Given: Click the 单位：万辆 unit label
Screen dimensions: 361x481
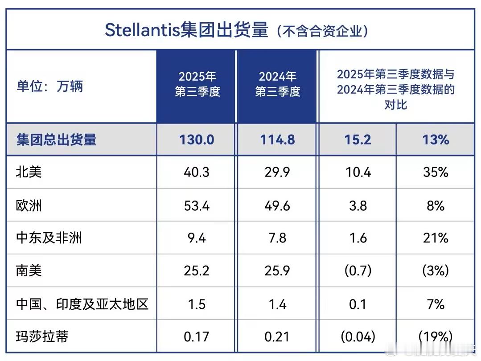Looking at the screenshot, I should pos(50,86).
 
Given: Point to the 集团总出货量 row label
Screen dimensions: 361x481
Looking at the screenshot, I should pos(57,139).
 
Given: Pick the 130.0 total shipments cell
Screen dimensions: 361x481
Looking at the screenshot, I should pos(197,139).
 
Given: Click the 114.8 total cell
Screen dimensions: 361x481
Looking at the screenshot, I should pos(277,139).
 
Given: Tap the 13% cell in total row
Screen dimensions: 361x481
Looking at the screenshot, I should pos(436,139).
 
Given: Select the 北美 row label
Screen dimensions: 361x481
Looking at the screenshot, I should pos(29,172).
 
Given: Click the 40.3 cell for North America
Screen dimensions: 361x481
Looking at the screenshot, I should pos(197,172).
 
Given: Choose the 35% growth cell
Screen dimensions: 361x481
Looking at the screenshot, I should pos(436,172).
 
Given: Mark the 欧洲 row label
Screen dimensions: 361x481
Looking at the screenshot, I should pos(29,205).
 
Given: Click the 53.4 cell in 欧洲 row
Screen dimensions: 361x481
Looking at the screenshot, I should pos(197,205).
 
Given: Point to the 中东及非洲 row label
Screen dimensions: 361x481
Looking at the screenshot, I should pos(49,238).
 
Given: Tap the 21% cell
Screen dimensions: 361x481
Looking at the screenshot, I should pos(436,238).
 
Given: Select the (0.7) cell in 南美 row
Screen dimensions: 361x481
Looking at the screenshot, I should pos(358,271).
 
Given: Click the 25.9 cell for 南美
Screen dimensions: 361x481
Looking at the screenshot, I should pos(277,271).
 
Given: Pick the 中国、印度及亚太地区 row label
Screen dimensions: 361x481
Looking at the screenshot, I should pos(82,304).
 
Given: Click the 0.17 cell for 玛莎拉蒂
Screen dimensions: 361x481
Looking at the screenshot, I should pos(197,336).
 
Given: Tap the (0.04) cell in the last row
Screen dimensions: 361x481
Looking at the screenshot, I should pos(358,336).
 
